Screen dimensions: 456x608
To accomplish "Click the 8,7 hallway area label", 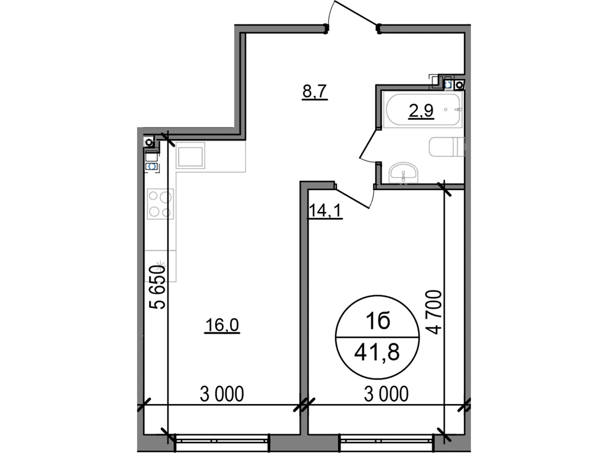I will [x=315, y=92].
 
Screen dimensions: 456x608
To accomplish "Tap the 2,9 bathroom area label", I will [x=421, y=111].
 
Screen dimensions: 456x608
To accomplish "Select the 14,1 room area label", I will [x=325, y=211].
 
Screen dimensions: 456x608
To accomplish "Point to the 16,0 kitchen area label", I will [x=222, y=325].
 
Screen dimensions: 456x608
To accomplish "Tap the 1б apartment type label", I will [x=378, y=321].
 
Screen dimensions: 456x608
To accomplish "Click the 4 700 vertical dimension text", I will [x=434, y=312].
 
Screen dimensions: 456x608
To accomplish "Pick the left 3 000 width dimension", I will [x=222, y=394].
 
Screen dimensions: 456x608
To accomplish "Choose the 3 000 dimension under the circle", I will [x=386, y=394].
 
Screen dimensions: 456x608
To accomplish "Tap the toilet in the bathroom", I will [x=446, y=147].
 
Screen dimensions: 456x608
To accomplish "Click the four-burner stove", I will [x=160, y=204].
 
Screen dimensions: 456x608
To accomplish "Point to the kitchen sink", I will [x=190, y=155].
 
